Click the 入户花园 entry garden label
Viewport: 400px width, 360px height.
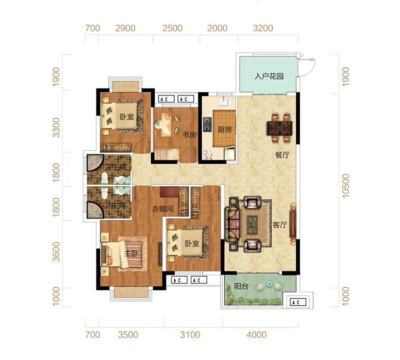(x=269, y=76)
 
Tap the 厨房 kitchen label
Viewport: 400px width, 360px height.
(x=224, y=130)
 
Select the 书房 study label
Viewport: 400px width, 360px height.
(x=189, y=134)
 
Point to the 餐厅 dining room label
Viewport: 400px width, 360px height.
(x=282, y=155)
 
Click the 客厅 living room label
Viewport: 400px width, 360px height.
(x=280, y=225)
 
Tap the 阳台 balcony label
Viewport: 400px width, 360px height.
(x=241, y=286)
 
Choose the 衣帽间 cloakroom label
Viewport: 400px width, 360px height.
(x=163, y=209)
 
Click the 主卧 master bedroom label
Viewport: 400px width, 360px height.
(x=131, y=253)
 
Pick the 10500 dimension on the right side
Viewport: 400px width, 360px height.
(x=345, y=186)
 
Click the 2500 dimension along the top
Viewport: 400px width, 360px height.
(x=173, y=28)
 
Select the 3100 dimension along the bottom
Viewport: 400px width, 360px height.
(x=190, y=335)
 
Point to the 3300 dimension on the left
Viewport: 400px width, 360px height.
(x=56, y=128)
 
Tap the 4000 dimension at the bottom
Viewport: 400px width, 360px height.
(x=257, y=335)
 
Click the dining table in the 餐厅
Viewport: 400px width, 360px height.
(x=280, y=128)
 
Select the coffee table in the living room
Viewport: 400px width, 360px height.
(x=252, y=225)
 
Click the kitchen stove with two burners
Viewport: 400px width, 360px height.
(x=207, y=124)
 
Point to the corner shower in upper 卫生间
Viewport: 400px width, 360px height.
(x=95, y=162)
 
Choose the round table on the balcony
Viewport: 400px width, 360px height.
(x=269, y=283)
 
